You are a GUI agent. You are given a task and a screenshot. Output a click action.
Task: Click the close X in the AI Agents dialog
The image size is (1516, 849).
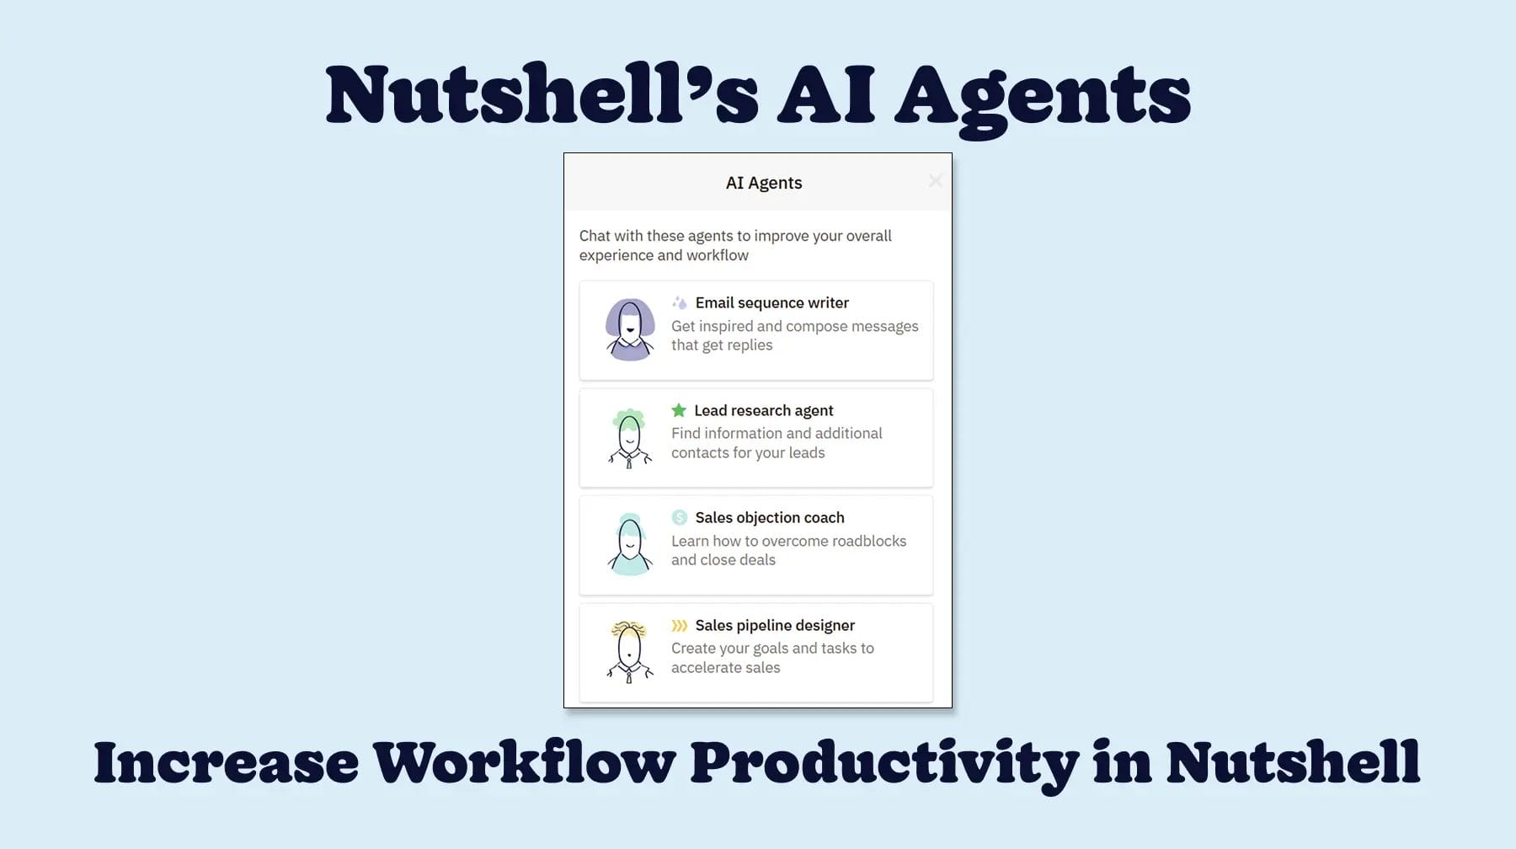(935, 181)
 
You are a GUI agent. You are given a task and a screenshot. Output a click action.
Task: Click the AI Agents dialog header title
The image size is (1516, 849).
(764, 183)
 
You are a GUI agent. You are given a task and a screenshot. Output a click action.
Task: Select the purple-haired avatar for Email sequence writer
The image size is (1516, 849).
(630, 329)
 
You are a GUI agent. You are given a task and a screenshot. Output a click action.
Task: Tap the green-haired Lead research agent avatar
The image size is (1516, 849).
(629, 437)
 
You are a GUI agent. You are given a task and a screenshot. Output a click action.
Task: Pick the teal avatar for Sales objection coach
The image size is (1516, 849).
(630, 544)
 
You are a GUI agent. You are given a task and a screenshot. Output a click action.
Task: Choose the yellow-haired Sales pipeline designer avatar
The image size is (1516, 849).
(629, 651)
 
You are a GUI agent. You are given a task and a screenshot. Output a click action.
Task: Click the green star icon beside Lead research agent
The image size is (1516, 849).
(679, 410)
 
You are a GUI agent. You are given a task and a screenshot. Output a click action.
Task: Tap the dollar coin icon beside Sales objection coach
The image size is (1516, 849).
(680, 517)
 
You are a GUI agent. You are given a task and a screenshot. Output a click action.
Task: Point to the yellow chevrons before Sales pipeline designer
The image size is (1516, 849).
(679, 625)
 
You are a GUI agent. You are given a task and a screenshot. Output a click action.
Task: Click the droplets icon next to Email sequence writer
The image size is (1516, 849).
(680, 302)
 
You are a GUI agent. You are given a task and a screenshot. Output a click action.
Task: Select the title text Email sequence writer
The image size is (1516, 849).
(771, 302)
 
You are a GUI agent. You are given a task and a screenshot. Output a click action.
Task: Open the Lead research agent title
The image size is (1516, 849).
(763, 410)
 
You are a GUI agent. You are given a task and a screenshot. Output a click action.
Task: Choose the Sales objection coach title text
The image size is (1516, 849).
(769, 517)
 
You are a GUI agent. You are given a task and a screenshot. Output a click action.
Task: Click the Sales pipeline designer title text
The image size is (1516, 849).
(775, 625)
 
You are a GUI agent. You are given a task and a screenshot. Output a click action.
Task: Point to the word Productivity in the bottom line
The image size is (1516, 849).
(884, 762)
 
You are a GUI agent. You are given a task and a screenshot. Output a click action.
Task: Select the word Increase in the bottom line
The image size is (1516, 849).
(226, 762)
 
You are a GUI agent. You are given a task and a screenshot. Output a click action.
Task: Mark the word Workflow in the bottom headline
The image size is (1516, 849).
(524, 762)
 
